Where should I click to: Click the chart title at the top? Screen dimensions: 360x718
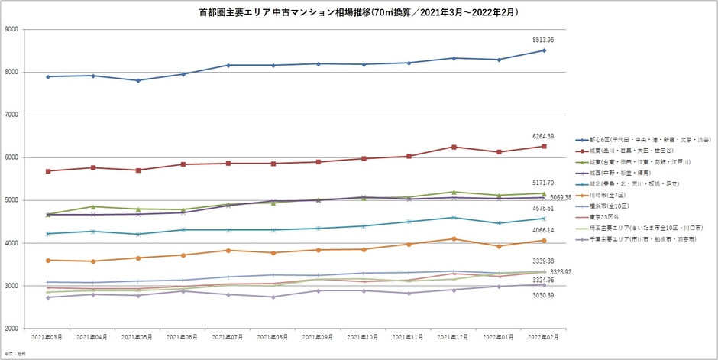pos(358,13)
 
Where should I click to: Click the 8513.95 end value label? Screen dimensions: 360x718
pos(544,40)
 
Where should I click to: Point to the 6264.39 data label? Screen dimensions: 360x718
pos(544,136)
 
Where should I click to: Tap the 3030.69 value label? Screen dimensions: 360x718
pos(544,295)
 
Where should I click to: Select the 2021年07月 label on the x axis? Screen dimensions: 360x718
pos(228,337)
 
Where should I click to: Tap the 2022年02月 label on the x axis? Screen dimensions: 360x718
pos(544,337)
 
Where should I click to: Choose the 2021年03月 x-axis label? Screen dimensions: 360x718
pos(47,337)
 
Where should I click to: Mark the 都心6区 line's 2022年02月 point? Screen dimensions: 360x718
pos(544,50)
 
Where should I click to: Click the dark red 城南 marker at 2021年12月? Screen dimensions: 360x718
pos(454,147)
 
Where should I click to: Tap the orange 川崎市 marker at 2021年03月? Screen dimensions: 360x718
pos(47,261)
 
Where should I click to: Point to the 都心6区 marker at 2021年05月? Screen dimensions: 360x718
pos(137,80)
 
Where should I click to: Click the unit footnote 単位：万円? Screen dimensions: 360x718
pos(13,353)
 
